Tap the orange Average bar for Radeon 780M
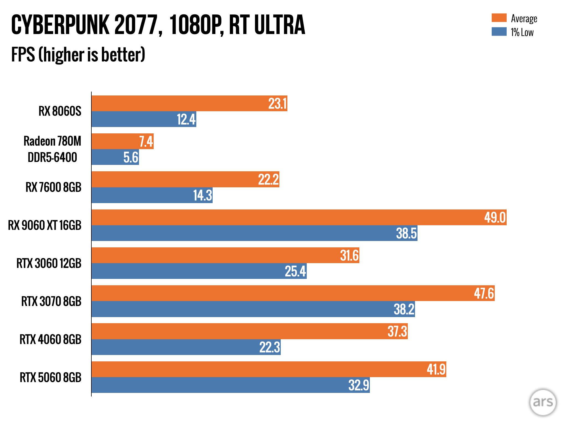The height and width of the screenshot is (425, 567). (116, 141)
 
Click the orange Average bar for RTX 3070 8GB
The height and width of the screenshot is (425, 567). (277, 293)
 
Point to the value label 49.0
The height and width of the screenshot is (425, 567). (495, 217)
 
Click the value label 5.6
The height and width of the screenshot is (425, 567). (131, 157)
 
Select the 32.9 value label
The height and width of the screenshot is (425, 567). (359, 385)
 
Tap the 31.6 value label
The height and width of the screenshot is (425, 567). (349, 255)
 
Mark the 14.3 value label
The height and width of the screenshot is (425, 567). (203, 195)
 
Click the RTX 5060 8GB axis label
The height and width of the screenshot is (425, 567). (50, 377)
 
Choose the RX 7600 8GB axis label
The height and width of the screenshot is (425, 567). (53, 187)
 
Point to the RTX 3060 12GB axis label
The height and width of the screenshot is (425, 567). (49, 263)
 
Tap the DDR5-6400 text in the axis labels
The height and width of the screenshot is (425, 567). (52, 157)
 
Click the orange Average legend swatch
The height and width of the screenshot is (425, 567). (499, 18)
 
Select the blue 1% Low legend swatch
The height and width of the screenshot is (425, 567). (499, 32)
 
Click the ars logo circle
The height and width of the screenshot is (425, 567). (543, 402)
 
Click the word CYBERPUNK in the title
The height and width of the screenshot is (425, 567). (60, 25)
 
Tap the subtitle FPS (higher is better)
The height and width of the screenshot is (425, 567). (78, 55)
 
